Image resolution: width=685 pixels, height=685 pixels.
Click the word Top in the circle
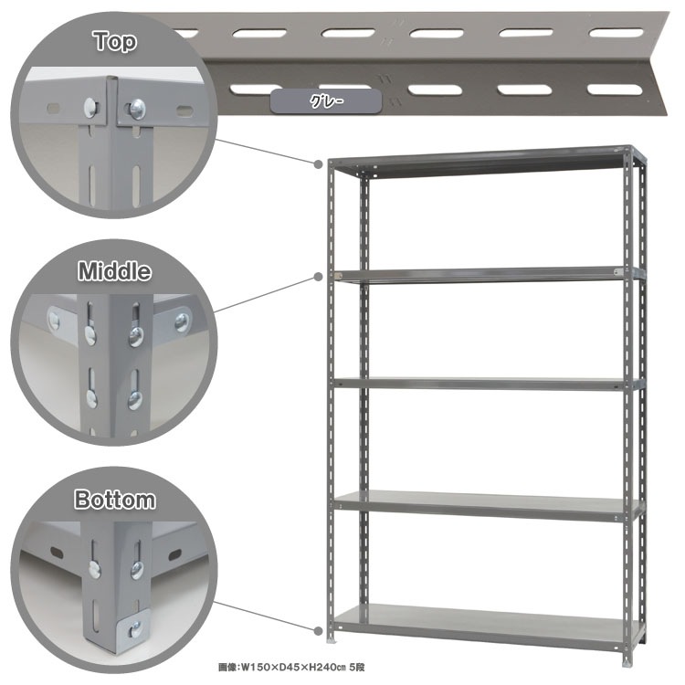pyautogui.click(x=115, y=41)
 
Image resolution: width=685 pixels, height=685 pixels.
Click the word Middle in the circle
pyautogui.click(x=114, y=271)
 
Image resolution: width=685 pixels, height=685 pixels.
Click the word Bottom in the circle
pyautogui.click(x=114, y=500)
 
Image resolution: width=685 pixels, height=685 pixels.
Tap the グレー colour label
pyautogui.click(x=326, y=101)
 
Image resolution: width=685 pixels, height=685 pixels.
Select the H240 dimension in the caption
pyautogui.click(x=321, y=667)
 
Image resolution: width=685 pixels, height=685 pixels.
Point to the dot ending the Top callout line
pyautogui.click(x=319, y=163)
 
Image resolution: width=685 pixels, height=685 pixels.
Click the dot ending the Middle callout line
pyautogui.click(x=319, y=277)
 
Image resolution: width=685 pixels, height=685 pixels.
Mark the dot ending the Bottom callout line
pyautogui.click(x=319, y=631)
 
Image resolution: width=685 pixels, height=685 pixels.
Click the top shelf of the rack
pyautogui.click(x=485, y=163)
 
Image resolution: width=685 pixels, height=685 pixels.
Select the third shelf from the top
pyautogui.click(x=489, y=384)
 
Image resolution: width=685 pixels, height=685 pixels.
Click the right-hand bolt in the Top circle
pyautogui.click(x=137, y=109)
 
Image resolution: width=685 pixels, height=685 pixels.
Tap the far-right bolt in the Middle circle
pyautogui.click(x=182, y=322)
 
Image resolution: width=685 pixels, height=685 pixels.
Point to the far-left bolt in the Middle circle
pyautogui.click(x=54, y=321)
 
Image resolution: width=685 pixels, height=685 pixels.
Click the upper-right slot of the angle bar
pyautogui.click(x=616, y=32)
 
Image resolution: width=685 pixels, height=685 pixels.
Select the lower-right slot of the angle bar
pyautogui.click(x=615, y=90)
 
